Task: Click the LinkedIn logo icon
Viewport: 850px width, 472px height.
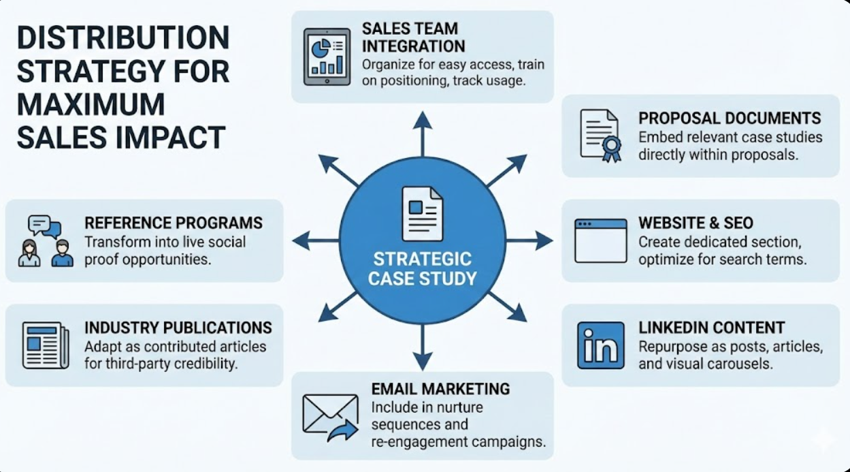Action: pyautogui.click(x=600, y=345)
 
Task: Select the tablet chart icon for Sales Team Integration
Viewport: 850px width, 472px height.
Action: pyautogui.click(x=323, y=57)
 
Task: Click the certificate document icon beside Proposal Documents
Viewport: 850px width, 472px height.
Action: pyautogui.click(x=600, y=136)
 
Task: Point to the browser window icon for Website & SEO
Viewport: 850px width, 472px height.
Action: pyautogui.click(x=600, y=240)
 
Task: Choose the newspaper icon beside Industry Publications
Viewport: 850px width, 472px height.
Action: pyautogui.click(x=46, y=345)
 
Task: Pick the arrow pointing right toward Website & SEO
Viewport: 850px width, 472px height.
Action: pyautogui.click(x=531, y=240)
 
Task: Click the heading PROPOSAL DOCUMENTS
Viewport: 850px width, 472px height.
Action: pyautogui.click(x=730, y=119)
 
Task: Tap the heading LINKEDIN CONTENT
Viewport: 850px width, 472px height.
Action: pyautogui.click(x=711, y=328)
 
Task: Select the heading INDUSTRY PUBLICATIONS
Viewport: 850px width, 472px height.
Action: pyautogui.click(x=178, y=328)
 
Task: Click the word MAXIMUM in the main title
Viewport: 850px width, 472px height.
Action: pyautogui.click(x=91, y=105)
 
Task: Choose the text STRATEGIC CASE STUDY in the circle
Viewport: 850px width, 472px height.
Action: pyautogui.click(x=422, y=268)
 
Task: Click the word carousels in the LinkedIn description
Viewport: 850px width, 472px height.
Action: pyautogui.click(x=739, y=364)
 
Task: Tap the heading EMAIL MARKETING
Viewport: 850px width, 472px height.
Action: pyautogui.click(x=440, y=389)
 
